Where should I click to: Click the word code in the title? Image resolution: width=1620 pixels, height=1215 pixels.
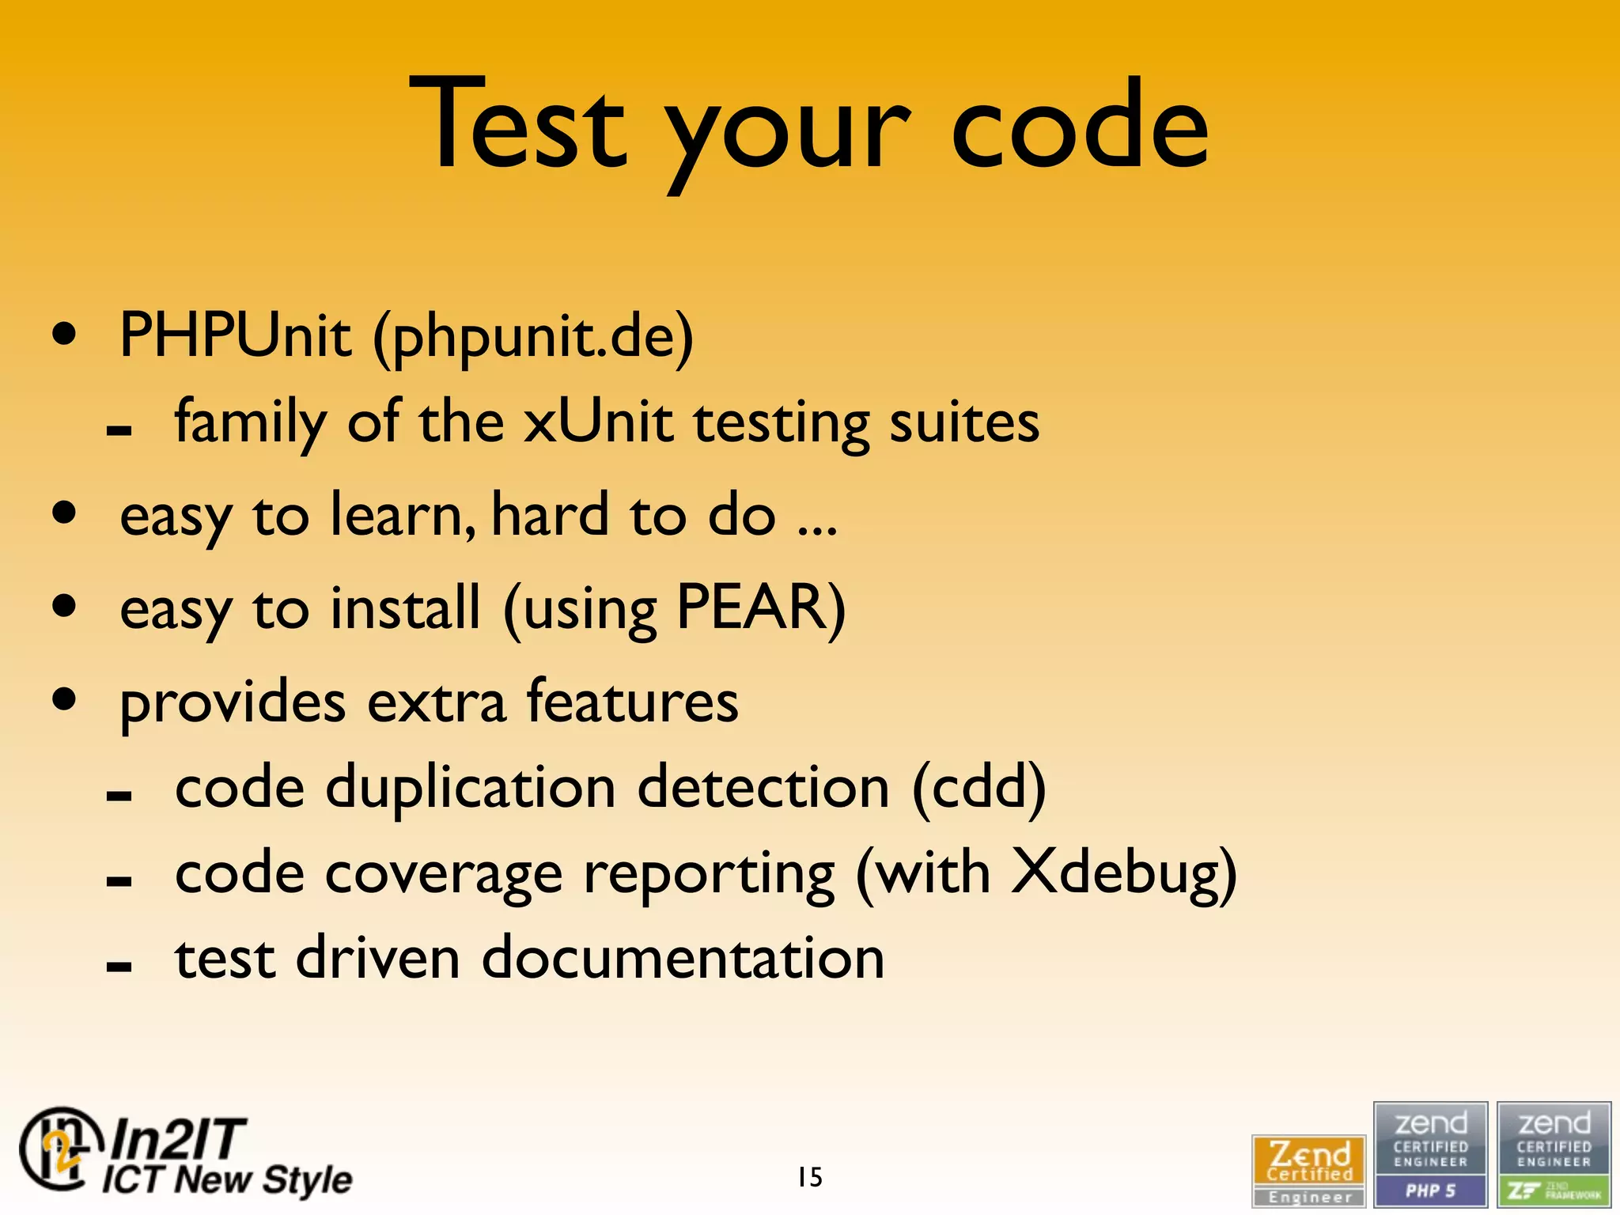coord(1079,127)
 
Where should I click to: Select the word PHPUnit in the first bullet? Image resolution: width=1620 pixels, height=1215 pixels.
coord(235,335)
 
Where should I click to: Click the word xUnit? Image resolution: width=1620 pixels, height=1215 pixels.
coord(598,422)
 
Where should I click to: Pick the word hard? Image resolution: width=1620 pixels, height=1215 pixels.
coord(549,515)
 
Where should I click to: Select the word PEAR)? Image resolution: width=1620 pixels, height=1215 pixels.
coord(760,607)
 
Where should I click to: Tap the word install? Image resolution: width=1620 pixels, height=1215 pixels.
coord(405,607)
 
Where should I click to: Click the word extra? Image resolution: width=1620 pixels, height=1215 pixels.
coord(437,702)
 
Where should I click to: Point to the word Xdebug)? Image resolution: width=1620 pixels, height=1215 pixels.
coord(1123,874)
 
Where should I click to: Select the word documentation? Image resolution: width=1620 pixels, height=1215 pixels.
coord(683,959)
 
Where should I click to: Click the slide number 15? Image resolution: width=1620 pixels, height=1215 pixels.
coord(810,1177)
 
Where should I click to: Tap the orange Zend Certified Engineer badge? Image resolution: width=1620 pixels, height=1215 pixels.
coord(1309,1169)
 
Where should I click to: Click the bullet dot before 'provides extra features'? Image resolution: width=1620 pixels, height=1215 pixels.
coord(65,698)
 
